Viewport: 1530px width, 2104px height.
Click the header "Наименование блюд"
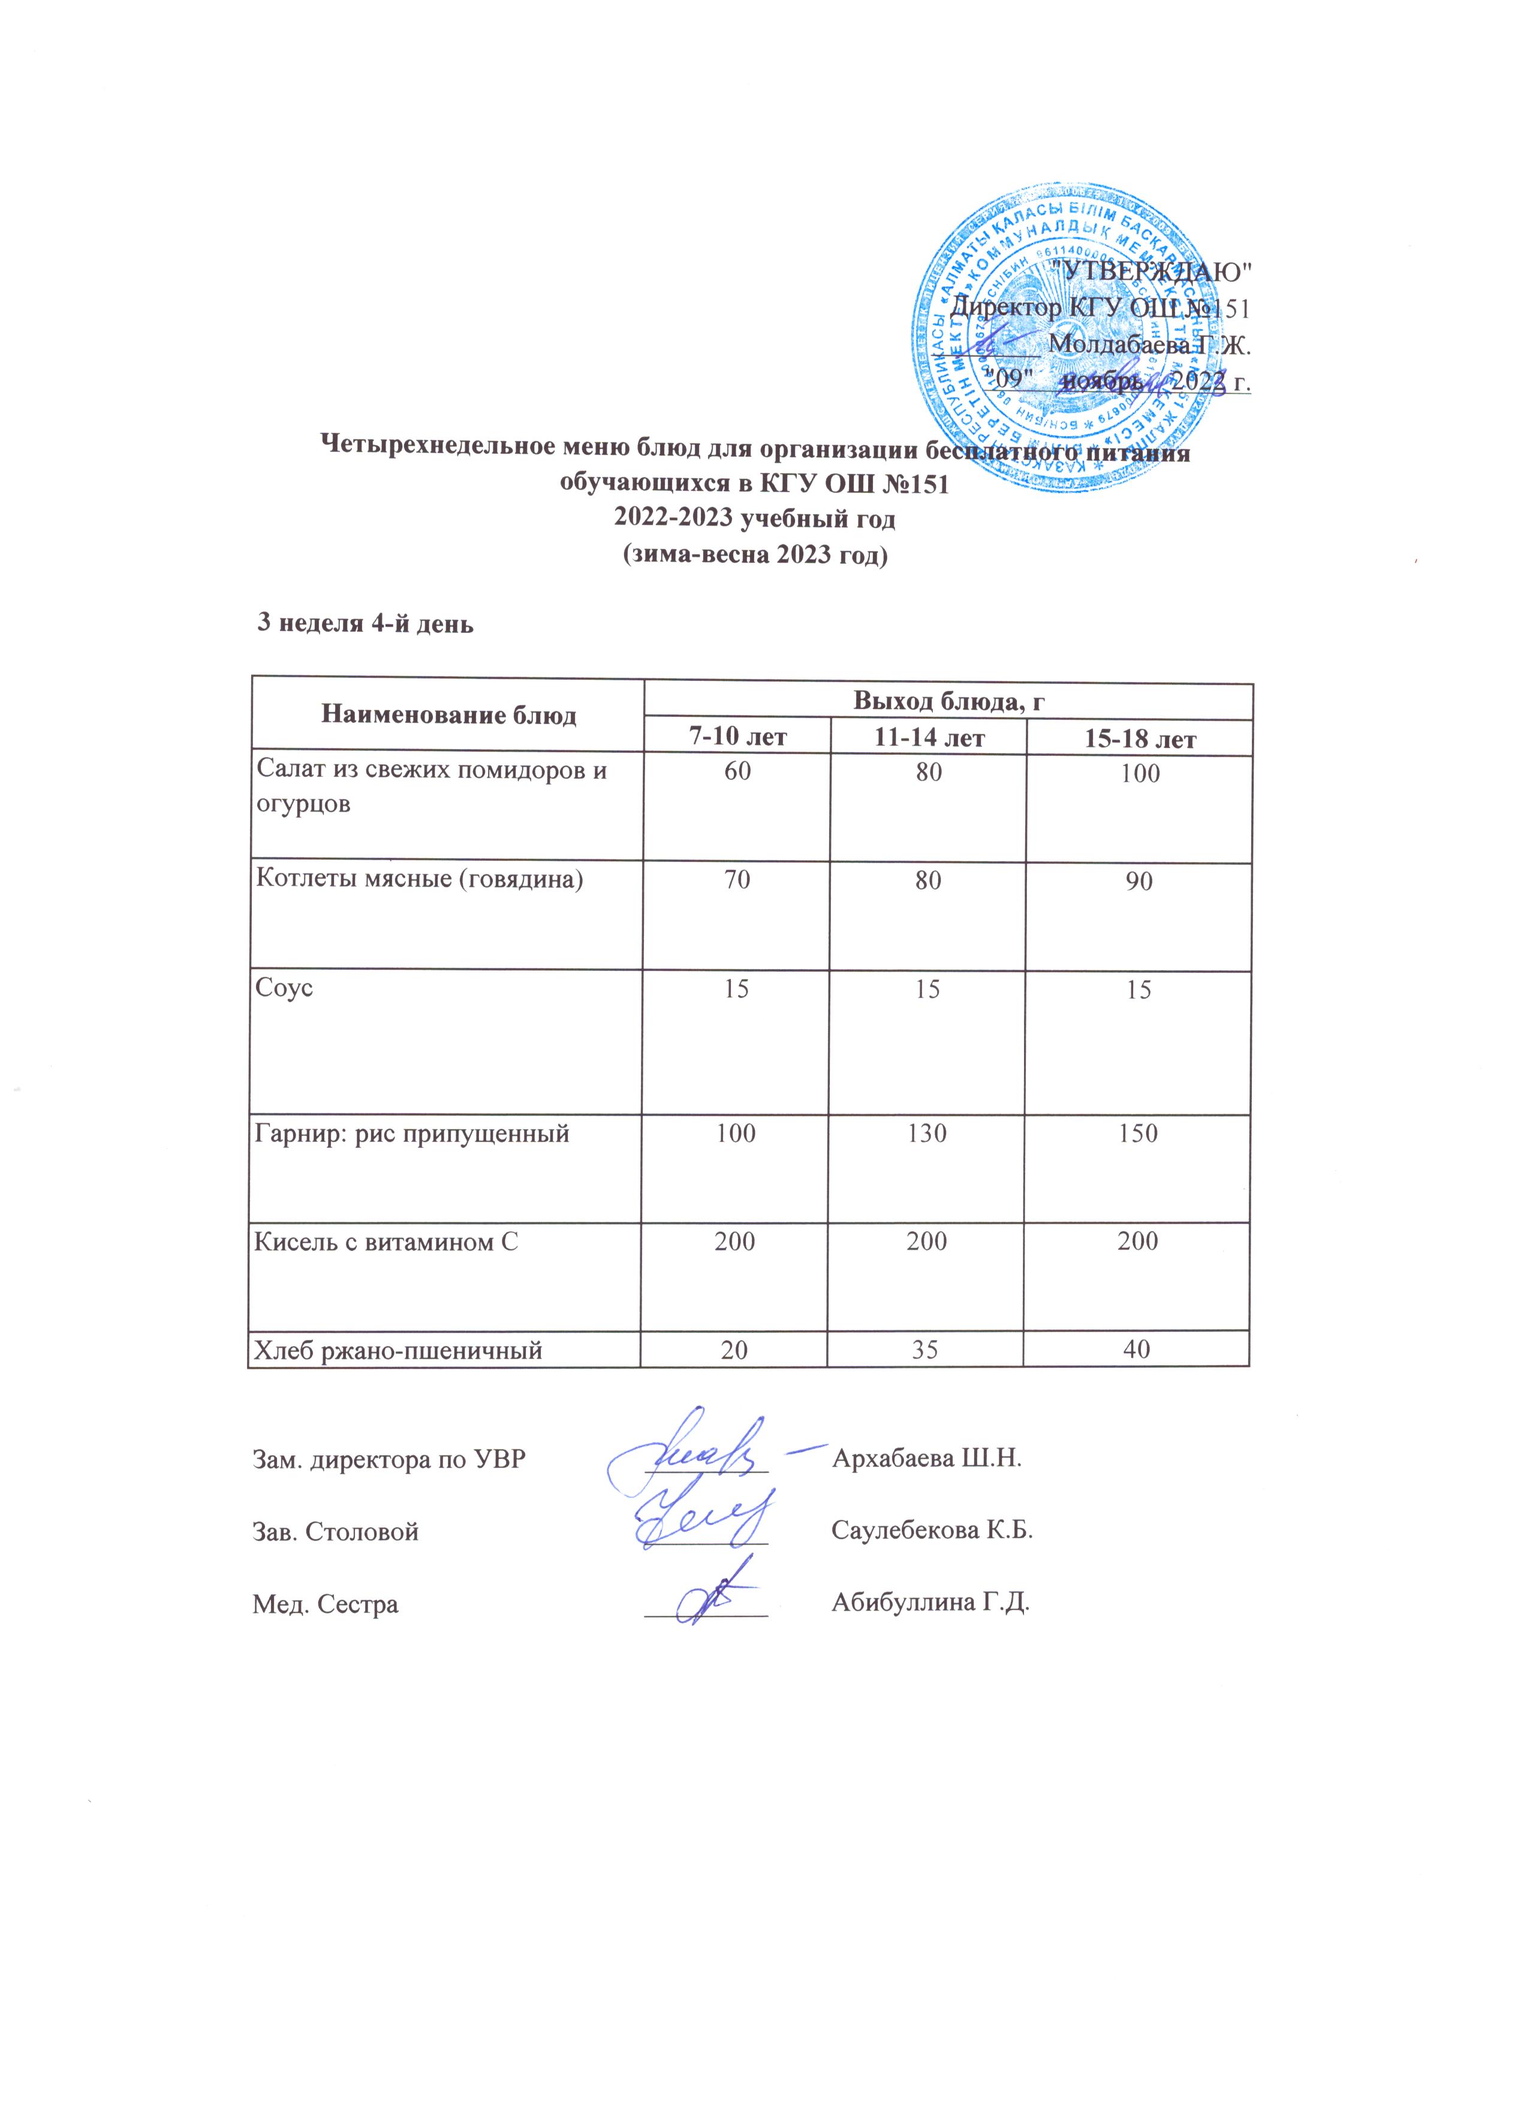point(448,715)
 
